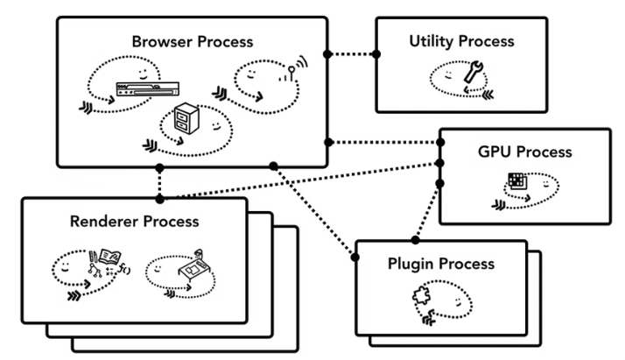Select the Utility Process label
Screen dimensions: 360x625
point(460,41)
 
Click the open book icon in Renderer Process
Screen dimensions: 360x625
point(106,260)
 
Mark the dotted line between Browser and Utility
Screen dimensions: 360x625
point(352,53)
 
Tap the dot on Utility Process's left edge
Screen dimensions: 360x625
point(376,53)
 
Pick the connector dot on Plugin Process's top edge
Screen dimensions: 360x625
point(416,239)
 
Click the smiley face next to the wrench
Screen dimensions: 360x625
point(449,76)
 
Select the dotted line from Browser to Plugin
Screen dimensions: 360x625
point(315,209)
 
